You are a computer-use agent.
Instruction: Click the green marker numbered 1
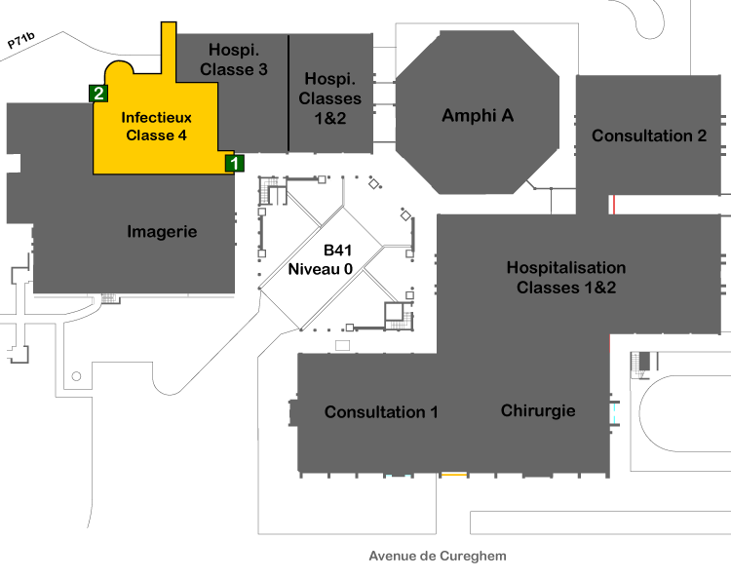point(235,163)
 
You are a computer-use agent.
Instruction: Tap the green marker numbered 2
point(98,94)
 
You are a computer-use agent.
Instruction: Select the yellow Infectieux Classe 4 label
point(156,127)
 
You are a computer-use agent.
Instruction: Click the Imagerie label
point(162,232)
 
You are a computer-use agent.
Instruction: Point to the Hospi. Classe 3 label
point(234,59)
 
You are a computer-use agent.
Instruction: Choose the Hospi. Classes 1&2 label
point(330,98)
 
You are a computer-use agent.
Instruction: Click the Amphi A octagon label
point(478,115)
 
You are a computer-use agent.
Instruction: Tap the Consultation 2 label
point(649,135)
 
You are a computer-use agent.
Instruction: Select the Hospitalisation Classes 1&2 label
point(566,278)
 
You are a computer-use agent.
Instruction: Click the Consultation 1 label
point(381,412)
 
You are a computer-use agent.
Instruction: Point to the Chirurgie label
point(538,410)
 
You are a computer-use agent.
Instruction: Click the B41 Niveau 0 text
point(321,259)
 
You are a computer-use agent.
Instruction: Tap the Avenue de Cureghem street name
point(438,556)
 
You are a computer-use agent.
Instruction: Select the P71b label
point(21,41)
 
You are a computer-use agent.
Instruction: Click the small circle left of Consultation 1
point(76,376)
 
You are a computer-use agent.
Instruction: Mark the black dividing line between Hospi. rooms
point(289,93)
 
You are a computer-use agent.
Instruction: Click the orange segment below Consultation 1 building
point(454,475)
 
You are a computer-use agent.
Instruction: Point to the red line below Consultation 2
point(614,205)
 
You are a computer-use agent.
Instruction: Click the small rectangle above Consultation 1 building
point(343,345)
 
